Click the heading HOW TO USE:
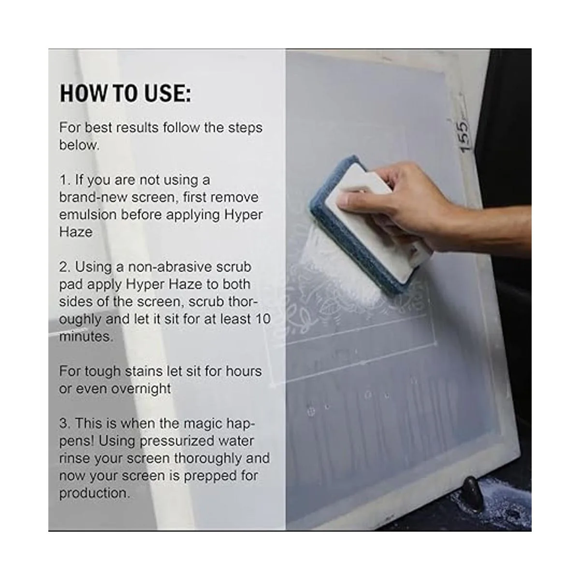[x=125, y=94]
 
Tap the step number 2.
[x=65, y=267]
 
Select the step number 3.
[x=65, y=423]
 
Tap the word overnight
[x=141, y=389]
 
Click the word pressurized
[x=177, y=441]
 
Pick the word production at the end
[x=95, y=493]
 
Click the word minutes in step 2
[x=86, y=336]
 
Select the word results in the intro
[x=137, y=128]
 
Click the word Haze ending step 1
[x=75, y=232]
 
